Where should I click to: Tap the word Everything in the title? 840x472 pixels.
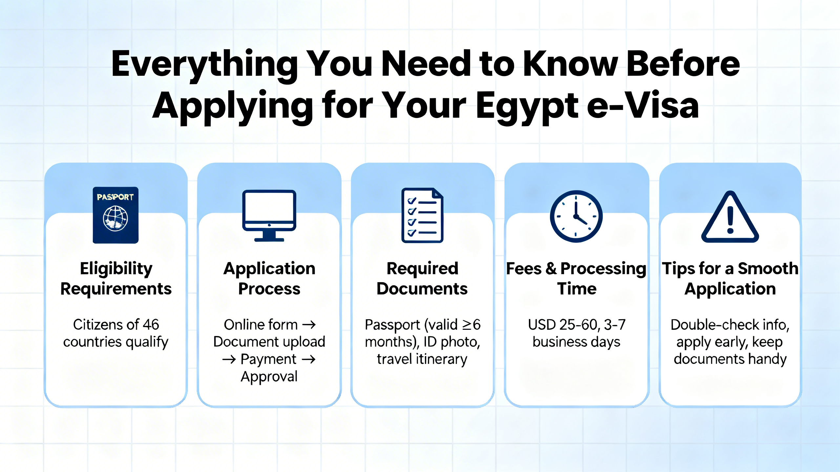204,64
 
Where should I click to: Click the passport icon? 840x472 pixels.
115,215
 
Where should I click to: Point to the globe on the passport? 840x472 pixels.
115,219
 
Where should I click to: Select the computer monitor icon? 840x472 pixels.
269,215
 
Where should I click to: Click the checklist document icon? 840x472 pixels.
422,215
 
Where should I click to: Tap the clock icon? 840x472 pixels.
576,216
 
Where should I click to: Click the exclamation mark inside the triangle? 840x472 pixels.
730,220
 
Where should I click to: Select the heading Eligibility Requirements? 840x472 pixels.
116,279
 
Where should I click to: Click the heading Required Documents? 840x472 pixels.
422,279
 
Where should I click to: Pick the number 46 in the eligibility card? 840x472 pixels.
151,324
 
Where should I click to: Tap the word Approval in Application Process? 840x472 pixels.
269,376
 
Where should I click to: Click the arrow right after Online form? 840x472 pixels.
309,325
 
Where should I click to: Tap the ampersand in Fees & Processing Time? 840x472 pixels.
551,269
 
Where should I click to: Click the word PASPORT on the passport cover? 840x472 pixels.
115,197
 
